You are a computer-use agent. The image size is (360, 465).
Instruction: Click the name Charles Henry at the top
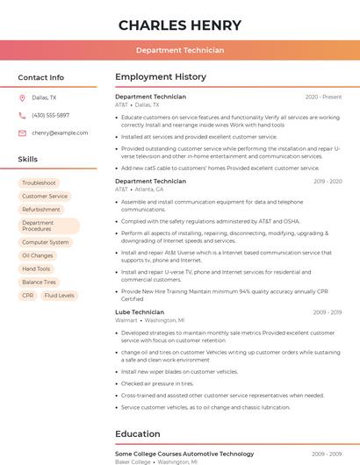pyautogui.click(x=179, y=25)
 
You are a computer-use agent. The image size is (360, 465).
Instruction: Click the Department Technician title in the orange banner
pyautogui.click(x=179, y=51)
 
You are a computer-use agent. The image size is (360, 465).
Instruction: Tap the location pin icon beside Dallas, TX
pyautogui.click(x=22, y=98)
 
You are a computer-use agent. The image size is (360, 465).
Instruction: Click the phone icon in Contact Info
pyautogui.click(x=22, y=116)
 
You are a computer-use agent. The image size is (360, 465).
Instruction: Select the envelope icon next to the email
pyautogui.click(x=22, y=133)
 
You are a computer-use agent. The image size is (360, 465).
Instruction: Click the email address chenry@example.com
pyautogui.click(x=60, y=133)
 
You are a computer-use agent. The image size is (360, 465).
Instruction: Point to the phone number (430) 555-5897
pyautogui.click(x=50, y=116)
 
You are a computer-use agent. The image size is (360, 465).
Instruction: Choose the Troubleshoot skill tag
pyautogui.click(x=40, y=183)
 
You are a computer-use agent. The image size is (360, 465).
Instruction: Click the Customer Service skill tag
pyautogui.click(x=45, y=197)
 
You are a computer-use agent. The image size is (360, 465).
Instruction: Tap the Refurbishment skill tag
pyautogui.click(x=41, y=210)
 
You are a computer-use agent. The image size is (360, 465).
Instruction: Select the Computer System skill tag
pyautogui.click(x=46, y=242)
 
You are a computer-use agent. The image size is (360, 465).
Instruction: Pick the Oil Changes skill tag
pyautogui.click(x=38, y=255)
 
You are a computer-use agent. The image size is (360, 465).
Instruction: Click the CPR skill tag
pyautogui.click(x=28, y=296)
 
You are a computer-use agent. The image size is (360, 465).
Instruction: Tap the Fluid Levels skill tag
pyautogui.click(x=60, y=296)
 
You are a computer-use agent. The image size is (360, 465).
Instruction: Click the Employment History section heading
pyautogui.click(x=161, y=77)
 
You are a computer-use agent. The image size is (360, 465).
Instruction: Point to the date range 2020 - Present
pyautogui.click(x=323, y=97)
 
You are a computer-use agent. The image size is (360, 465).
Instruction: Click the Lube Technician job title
pyautogui.click(x=140, y=312)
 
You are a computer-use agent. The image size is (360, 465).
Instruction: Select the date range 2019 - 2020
pyautogui.click(x=327, y=182)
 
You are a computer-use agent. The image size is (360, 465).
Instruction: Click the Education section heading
pyautogui.click(x=138, y=433)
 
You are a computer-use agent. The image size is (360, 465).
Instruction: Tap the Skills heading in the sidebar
pyautogui.click(x=28, y=160)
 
